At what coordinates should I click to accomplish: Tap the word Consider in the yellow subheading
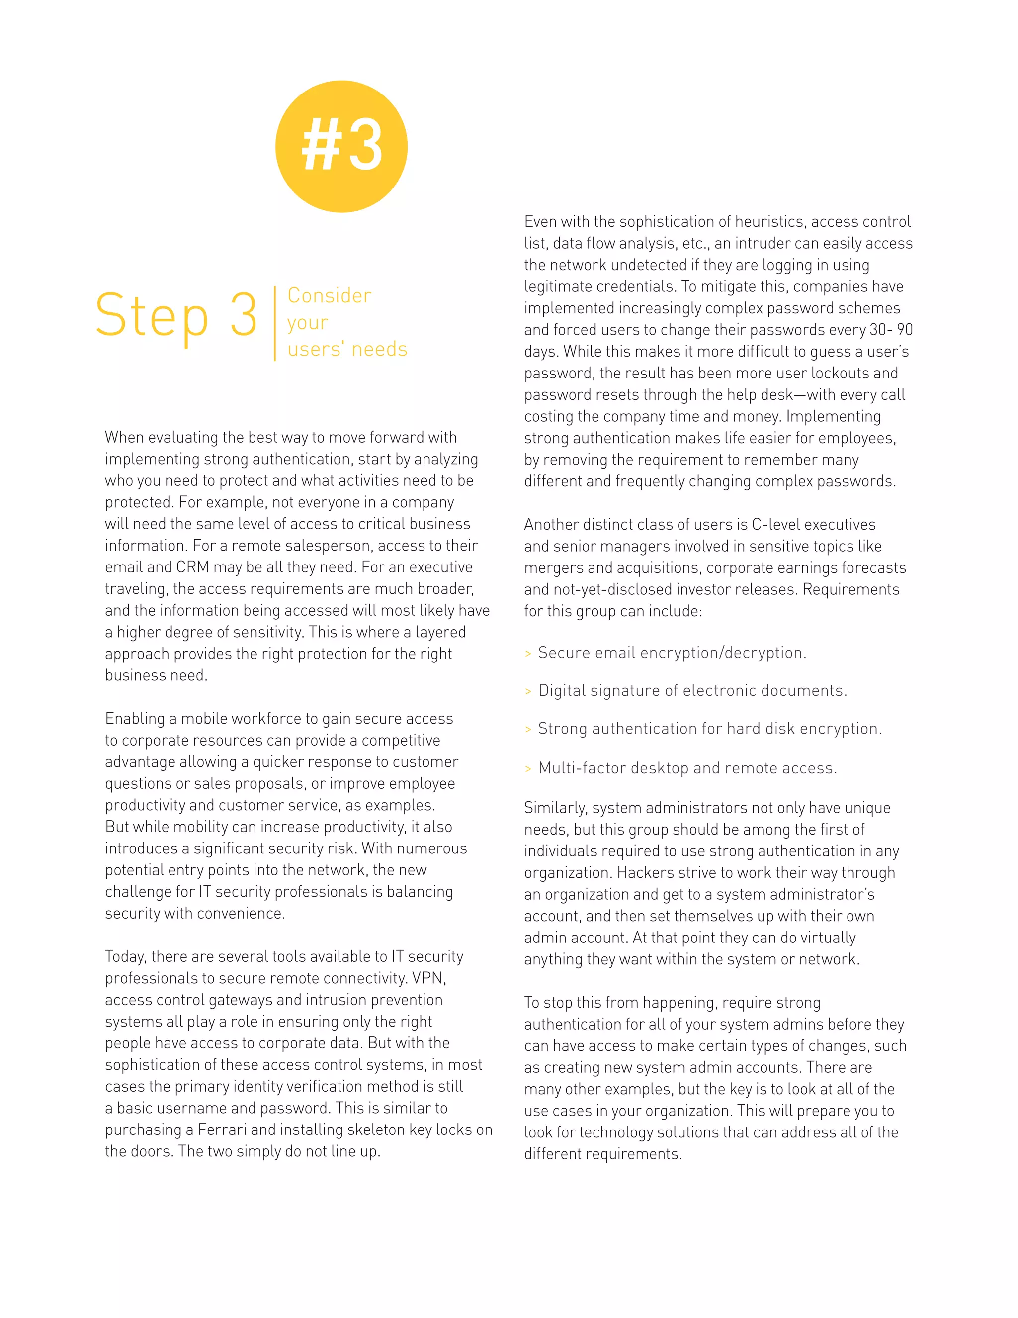coord(329,296)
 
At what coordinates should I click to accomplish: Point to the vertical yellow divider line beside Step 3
coord(275,323)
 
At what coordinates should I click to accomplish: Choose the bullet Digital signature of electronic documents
coord(692,691)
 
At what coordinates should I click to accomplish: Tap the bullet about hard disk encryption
coord(709,729)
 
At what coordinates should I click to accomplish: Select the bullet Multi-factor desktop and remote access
coord(687,768)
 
